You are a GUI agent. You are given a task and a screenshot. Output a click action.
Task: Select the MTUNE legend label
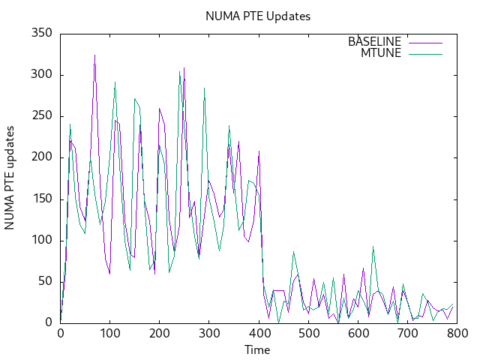(x=381, y=52)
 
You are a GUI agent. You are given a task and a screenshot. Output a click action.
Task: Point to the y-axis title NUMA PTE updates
(x=10, y=178)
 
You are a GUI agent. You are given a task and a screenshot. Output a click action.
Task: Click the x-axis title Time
(x=257, y=349)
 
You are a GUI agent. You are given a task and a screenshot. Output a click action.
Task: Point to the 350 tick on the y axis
(x=41, y=33)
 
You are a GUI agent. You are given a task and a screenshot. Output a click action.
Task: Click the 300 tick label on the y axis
(x=41, y=74)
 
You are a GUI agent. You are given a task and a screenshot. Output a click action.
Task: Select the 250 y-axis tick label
(x=41, y=115)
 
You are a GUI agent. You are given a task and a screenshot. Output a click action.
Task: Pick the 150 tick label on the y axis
(x=41, y=199)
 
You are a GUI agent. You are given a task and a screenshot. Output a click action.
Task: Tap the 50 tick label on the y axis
(x=44, y=281)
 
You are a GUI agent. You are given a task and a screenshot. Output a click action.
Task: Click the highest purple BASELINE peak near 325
(x=94, y=55)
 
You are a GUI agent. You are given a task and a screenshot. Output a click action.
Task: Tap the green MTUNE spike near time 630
(x=373, y=247)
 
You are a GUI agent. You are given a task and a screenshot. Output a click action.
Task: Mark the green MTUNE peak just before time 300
(x=204, y=88)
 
